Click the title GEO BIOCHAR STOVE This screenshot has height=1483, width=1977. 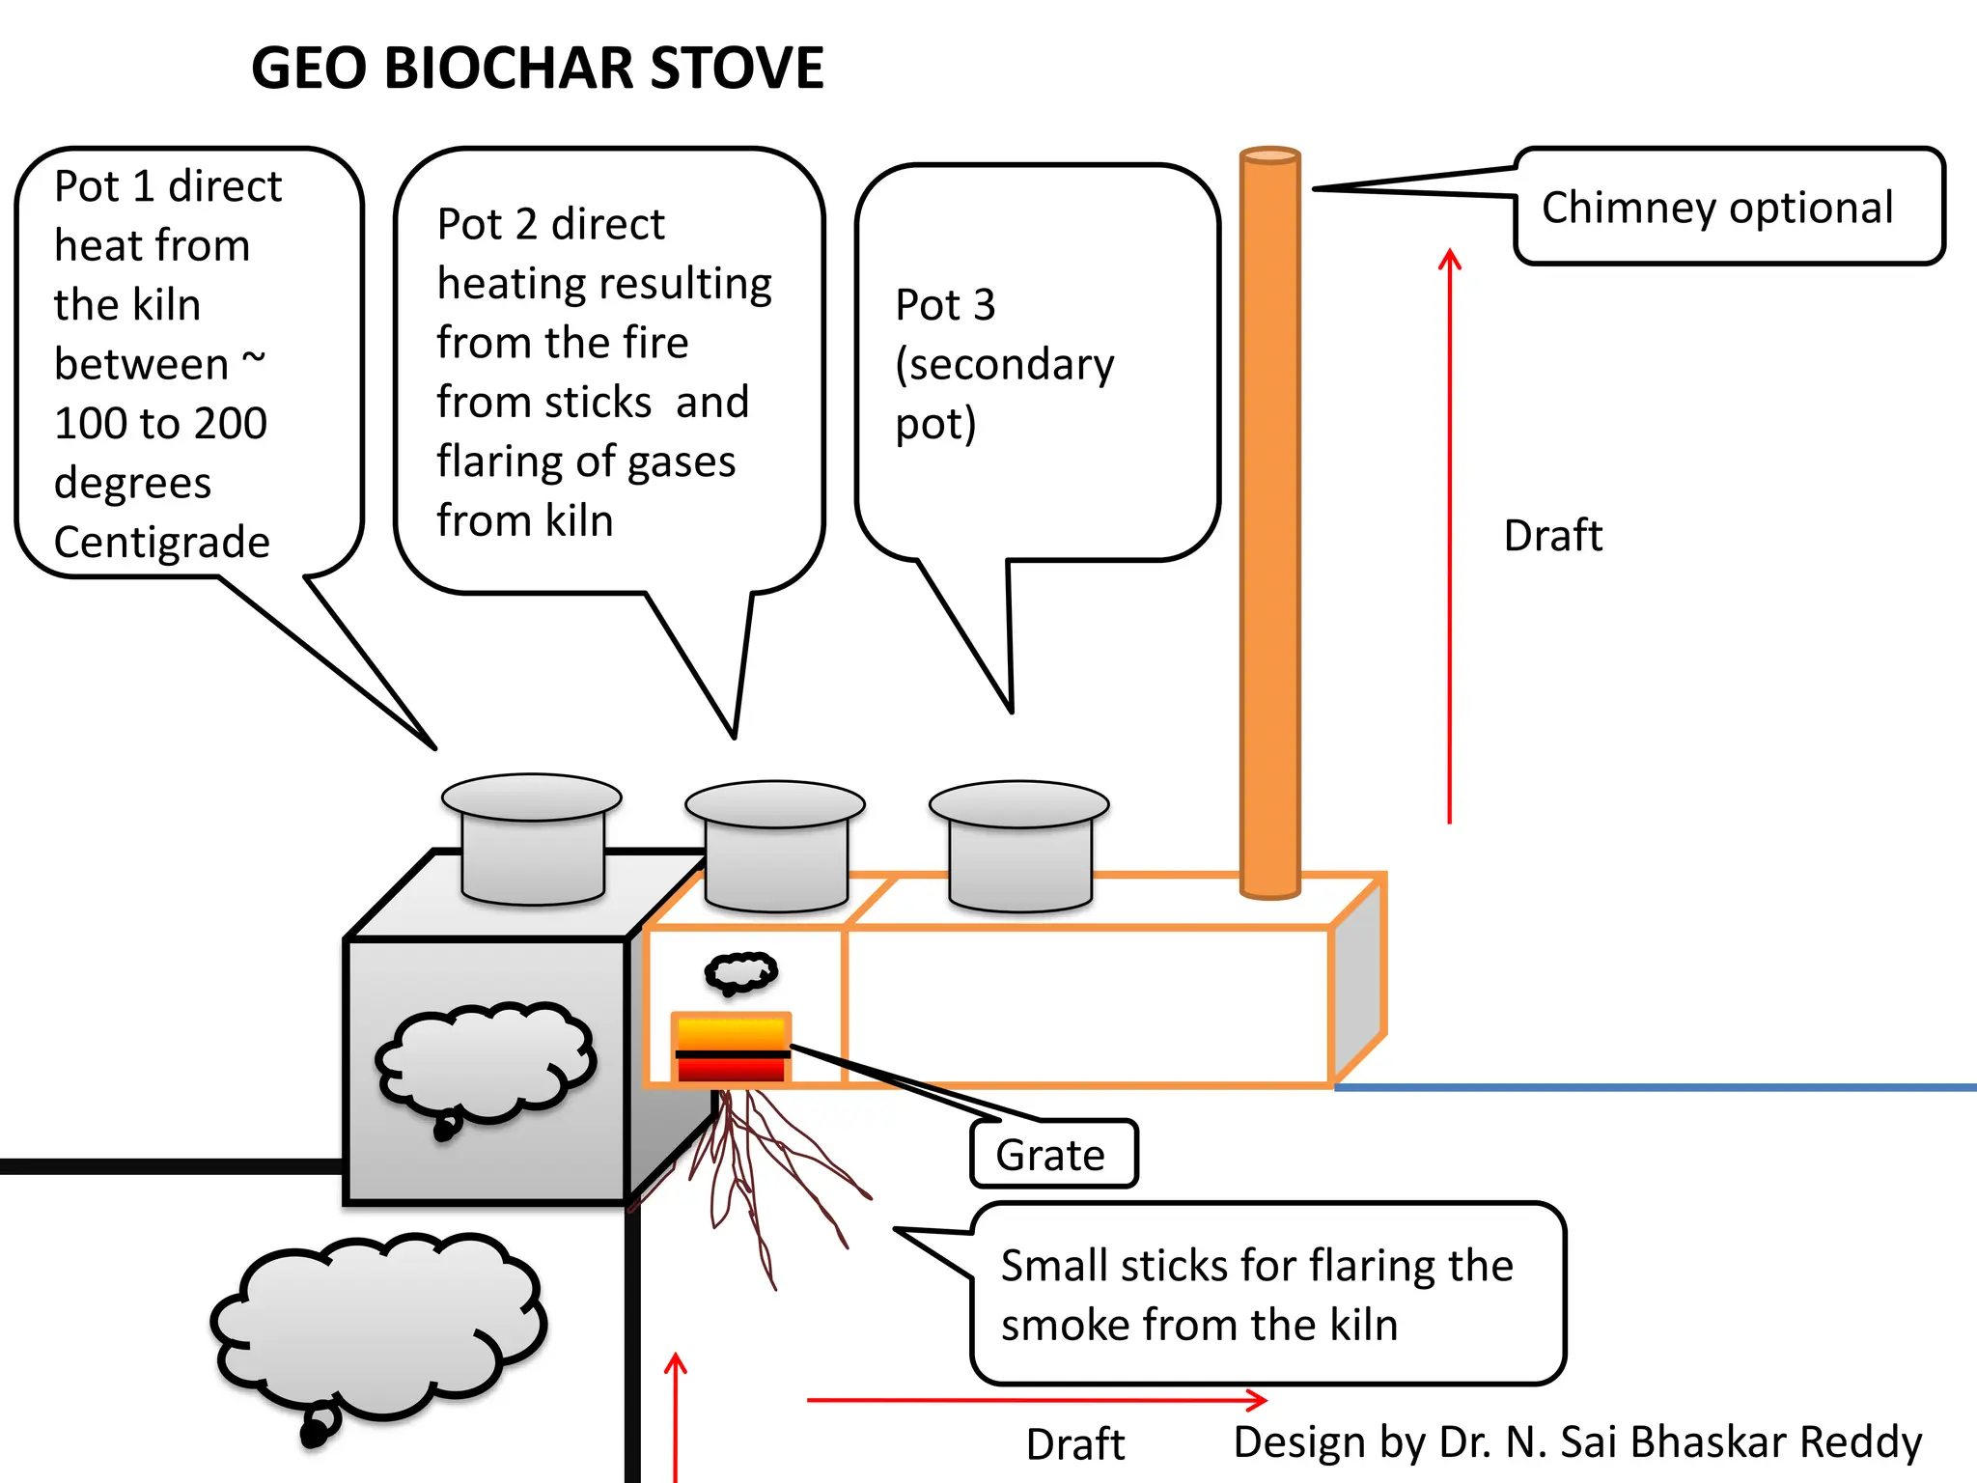click(537, 69)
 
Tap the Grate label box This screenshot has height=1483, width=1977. click(1053, 1155)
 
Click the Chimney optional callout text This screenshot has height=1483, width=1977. click(1716, 208)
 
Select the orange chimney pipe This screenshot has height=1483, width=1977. click(1269, 521)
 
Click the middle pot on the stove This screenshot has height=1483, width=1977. click(775, 846)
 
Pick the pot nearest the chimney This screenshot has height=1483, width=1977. click(1018, 846)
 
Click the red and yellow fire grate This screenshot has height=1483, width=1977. click(732, 1049)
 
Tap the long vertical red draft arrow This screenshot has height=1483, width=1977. click(1449, 541)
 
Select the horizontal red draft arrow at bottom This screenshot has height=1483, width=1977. click(1033, 1399)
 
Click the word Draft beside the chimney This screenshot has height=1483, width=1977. click(1552, 536)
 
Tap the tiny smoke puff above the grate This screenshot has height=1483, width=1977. click(740, 971)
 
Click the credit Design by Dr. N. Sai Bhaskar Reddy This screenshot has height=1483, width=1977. click(1577, 1442)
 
